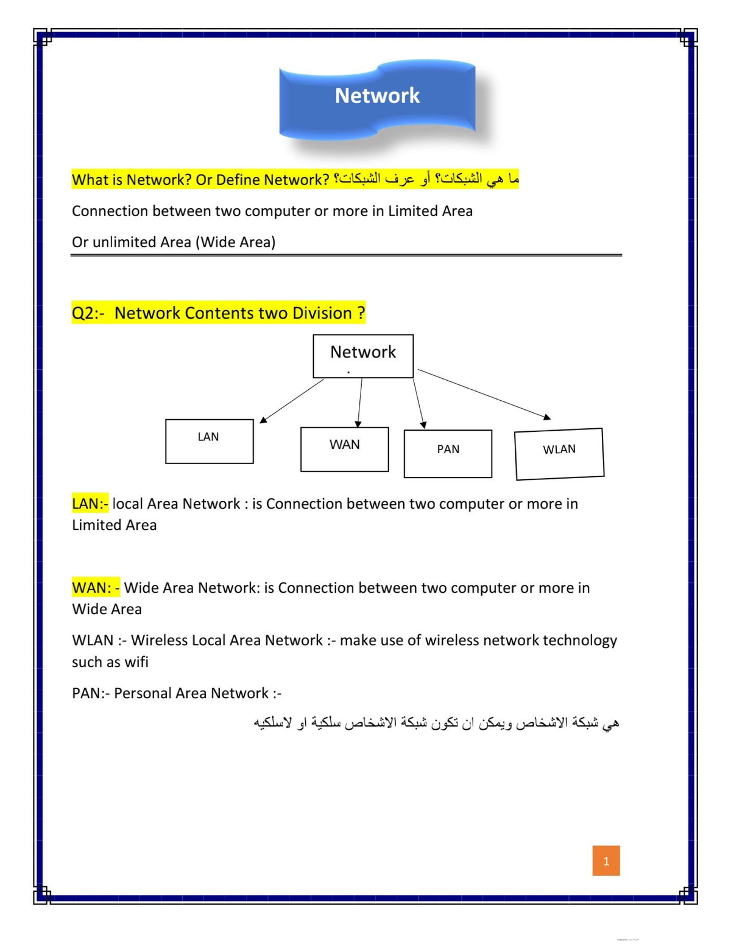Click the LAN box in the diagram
point(209,441)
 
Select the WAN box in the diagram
point(344,449)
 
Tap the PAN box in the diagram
point(448,453)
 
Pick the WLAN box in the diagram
point(559,454)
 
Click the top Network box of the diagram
point(363,356)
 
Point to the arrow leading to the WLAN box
point(484,394)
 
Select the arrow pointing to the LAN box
point(292,400)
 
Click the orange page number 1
point(606,860)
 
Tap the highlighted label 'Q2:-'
point(88,313)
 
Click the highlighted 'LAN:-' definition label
point(90,504)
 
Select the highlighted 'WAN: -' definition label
point(96,588)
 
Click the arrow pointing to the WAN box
point(360,402)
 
